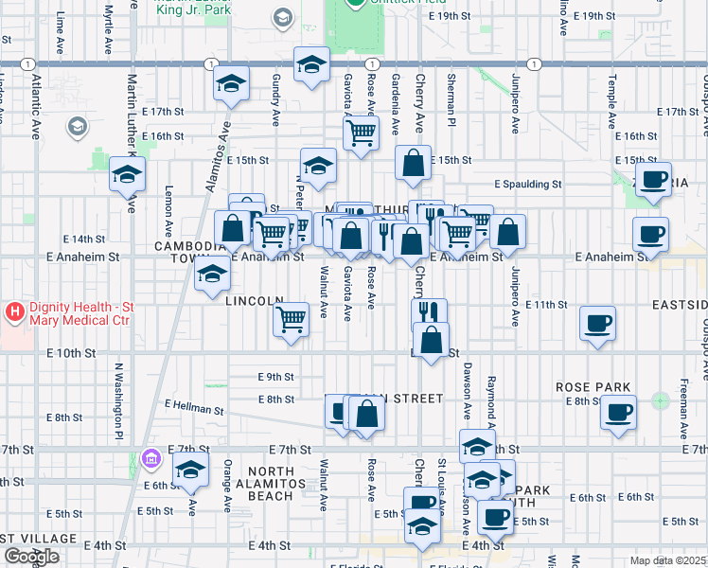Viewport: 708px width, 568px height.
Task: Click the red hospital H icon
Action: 15,311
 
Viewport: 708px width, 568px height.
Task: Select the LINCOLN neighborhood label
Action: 255,300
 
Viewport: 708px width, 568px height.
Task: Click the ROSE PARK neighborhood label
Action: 588,387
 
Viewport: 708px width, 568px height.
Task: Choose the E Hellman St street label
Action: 193,408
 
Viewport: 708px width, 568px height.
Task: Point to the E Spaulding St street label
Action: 528,185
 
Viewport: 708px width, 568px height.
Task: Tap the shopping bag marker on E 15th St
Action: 414,163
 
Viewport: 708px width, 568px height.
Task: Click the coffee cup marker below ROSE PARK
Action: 619,412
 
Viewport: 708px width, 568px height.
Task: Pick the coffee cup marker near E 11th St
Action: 597,324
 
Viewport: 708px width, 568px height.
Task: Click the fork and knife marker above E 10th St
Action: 430,311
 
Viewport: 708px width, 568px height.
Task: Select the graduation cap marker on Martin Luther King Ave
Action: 128,174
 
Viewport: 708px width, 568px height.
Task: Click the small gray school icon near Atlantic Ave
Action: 76,126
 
